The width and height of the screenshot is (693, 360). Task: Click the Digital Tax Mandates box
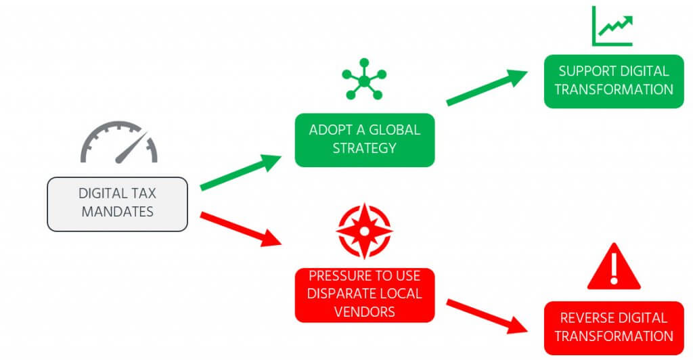click(x=117, y=204)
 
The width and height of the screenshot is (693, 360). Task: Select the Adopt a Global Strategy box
click(x=364, y=139)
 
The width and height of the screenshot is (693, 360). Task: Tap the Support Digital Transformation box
click(x=614, y=81)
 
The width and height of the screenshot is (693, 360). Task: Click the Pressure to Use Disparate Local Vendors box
click(x=364, y=294)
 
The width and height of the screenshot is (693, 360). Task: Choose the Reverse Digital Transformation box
click(x=614, y=328)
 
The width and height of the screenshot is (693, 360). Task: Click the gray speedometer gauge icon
click(x=119, y=143)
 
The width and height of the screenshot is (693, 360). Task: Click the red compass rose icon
click(x=363, y=230)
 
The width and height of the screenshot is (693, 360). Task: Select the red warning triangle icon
click(x=613, y=268)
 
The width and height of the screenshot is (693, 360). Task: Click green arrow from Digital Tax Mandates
click(x=241, y=172)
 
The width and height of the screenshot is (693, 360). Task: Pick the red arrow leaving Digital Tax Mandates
click(x=241, y=229)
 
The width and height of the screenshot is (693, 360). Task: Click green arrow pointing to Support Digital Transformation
click(x=487, y=88)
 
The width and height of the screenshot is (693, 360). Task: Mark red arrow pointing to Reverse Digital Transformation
click(x=487, y=316)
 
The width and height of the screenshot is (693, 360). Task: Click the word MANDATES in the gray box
click(x=117, y=212)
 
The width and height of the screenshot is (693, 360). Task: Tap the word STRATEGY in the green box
click(x=364, y=148)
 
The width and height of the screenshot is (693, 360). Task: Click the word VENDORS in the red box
click(x=364, y=311)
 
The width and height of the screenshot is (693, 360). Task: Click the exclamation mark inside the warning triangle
click(x=614, y=269)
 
